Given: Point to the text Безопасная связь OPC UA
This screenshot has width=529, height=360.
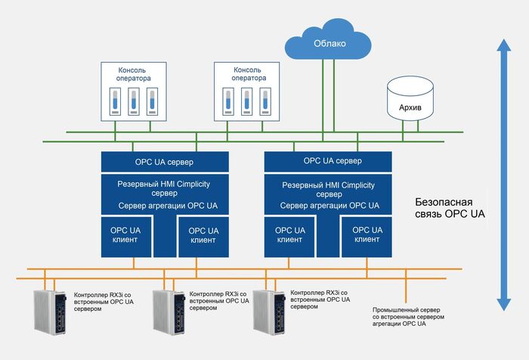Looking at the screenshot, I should pyautogui.click(x=450, y=209).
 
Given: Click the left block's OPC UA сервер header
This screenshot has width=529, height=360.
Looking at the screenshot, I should pyautogui.click(x=165, y=162).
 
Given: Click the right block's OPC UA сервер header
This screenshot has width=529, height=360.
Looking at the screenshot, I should pyautogui.click(x=327, y=161).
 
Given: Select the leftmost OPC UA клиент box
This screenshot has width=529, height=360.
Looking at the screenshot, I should pyautogui.click(x=126, y=235).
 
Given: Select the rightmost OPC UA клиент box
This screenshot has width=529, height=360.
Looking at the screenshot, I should pyautogui.click(x=367, y=235).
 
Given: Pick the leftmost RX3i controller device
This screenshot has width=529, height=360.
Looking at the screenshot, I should pyautogui.click(x=51, y=312).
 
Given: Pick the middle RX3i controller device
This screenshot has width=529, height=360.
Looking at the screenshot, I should pyautogui.click(x=169, y=312).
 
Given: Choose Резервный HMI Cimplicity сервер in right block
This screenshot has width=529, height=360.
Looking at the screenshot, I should pyautogui.click(x=327, y=189).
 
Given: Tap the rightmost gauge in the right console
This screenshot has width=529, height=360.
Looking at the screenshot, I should pyautogui.click(x=264, y=100).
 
